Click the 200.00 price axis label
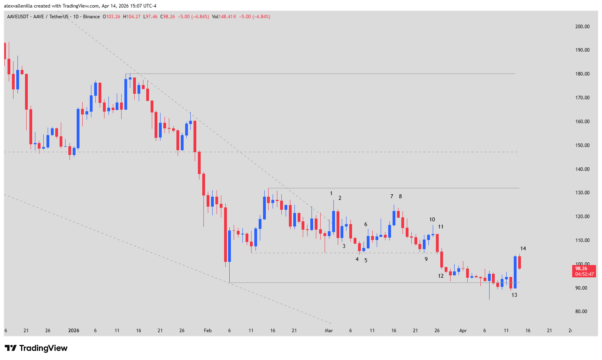pos(582,27)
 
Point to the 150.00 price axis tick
pos(582,145)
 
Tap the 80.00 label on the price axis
pos(581,312)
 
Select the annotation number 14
pos(523,249)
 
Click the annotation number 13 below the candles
pos(514,295)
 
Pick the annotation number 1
pos(331,194)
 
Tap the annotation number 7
pos(391,196)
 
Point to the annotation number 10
pos(432,219)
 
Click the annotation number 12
pos(441,276)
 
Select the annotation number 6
pos(366,225)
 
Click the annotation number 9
pos(426,259)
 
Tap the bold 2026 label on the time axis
pos(74,331)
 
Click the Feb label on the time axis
pos(207,331)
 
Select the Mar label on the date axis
pos(329,331)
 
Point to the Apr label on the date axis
pos(463,331)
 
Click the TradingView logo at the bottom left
pos(36,348)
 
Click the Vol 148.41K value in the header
pos(224,17)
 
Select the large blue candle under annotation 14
pos(515,272)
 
